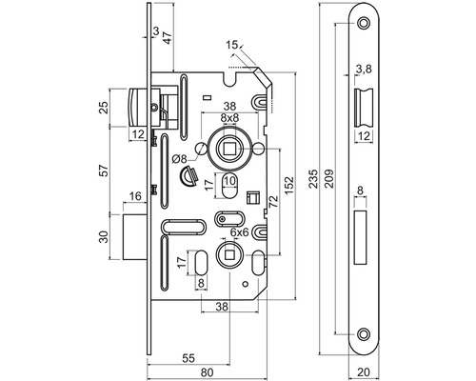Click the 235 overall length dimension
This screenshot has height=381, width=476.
tap(314, 179)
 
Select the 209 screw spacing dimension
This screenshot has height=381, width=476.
tap(330, 179)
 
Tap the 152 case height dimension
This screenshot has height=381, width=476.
tap(290, 186)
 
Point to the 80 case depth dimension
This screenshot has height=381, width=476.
tap(208, 372)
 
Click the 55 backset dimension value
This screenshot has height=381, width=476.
tap(188, 358)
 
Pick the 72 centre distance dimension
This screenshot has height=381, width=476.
tap(273, 201)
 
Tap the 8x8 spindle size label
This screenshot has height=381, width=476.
tap(229, 118)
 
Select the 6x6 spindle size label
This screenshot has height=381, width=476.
tap(239, 232)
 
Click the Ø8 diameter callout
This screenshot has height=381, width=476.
tap(181, 159)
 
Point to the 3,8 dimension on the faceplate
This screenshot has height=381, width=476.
tap(364, 69)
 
